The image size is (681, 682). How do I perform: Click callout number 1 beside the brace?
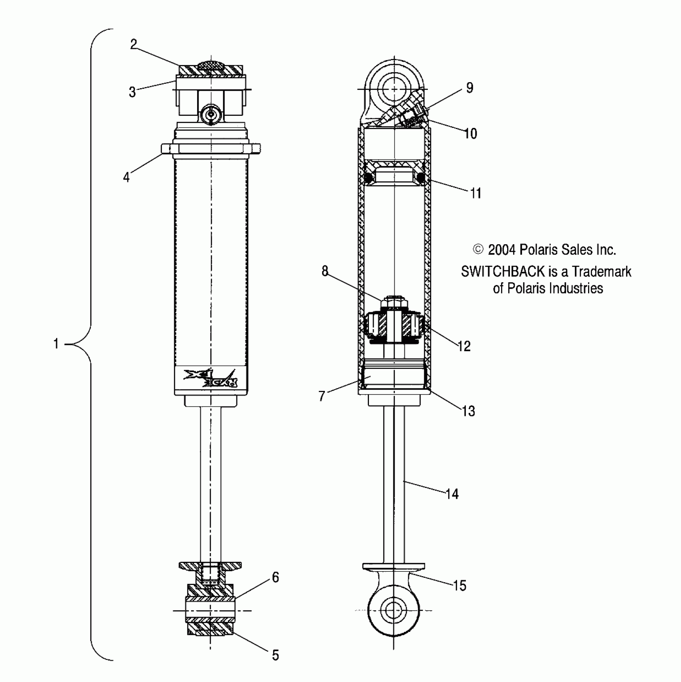(56, 344)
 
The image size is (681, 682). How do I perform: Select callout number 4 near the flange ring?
(127, 177)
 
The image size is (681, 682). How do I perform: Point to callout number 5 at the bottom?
(275, 655)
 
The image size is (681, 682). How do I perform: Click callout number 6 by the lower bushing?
(276, 577)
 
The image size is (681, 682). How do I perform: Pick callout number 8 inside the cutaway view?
(325, 271)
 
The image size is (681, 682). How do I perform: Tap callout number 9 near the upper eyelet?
(469, 88)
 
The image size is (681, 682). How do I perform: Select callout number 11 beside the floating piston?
(475, 194)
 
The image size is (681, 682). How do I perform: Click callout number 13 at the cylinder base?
(468, 411)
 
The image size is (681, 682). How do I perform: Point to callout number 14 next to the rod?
(452, 494)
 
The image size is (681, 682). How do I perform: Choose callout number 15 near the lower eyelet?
(460, 586)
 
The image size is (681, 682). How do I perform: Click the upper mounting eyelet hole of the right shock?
(394, 89)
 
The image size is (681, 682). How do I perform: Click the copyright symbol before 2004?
(478, 249)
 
